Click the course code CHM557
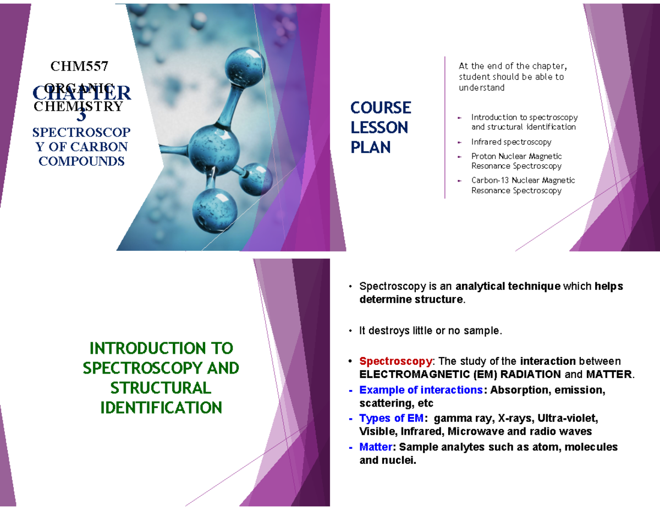click(80, 67)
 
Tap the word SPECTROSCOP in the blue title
click(81, 133)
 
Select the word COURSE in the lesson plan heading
click(381, 107)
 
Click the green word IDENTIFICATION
click(161, 408)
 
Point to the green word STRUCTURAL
click(161, 388)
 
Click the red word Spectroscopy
click(395, 361)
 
